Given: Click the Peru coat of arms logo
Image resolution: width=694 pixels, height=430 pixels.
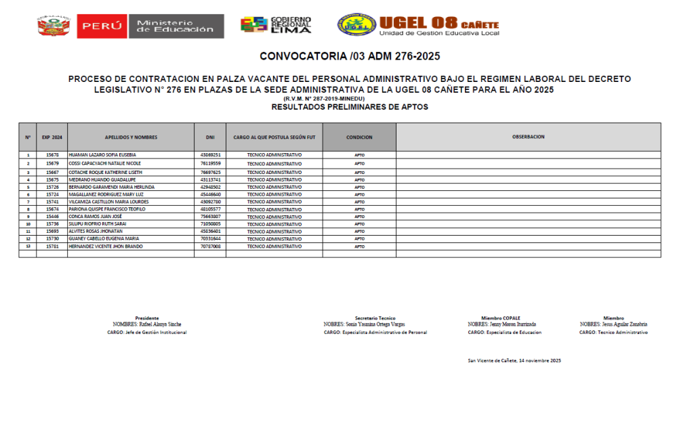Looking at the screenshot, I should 52,26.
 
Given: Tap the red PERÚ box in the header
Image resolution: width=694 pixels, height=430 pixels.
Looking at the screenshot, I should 102,26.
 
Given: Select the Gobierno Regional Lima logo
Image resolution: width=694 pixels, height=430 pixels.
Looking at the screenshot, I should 276,25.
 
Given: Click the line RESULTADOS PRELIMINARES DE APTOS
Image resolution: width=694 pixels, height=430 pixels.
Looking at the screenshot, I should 350,107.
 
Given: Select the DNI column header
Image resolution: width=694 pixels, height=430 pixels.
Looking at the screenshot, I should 210,137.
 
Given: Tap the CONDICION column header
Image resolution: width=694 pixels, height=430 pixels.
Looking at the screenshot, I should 359,137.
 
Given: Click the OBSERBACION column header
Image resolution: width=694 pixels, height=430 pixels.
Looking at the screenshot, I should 528,137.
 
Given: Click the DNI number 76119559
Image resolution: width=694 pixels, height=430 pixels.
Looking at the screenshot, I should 210,163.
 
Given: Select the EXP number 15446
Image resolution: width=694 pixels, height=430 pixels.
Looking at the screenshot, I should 52,217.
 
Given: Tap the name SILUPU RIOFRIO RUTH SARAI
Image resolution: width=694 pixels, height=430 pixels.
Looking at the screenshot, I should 98,224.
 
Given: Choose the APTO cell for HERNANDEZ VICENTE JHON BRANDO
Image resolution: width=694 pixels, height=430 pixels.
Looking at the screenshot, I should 359,246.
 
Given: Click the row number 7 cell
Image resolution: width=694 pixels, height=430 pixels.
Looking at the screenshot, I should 28,202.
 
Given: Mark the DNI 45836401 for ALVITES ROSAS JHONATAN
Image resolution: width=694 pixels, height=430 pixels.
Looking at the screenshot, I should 210,232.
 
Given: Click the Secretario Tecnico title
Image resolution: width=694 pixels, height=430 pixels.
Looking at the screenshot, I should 375,318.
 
